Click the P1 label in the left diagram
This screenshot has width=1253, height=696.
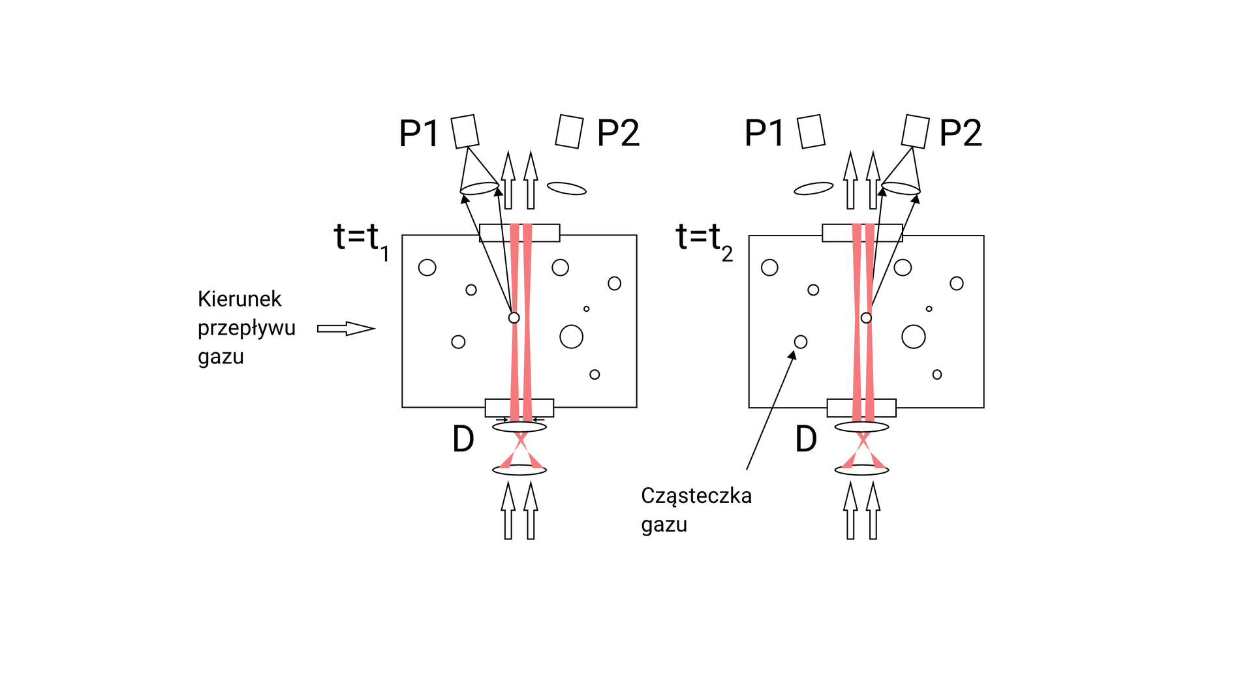click(418, 133)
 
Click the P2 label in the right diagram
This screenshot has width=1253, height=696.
click(960, 133)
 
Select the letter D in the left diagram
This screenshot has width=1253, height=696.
click(463, 440)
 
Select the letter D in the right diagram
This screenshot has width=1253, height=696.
click(806, 440)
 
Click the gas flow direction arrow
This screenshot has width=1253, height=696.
click(346, 328)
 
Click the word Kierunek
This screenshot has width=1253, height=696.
click(240, 299)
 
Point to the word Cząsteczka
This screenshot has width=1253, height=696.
click(696, 496)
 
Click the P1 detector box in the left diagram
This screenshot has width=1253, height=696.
click(465, 131)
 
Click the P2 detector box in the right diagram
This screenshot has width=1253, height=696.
click(915, 131)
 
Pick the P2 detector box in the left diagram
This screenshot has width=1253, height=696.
click(569, 131)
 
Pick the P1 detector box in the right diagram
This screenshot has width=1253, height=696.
click(811, 131)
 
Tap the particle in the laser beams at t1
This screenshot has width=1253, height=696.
click(514, 318)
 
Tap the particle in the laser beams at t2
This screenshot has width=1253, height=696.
click(866, 318)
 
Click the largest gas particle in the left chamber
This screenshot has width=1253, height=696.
click(571, 337)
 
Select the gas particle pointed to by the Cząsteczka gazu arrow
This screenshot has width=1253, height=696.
click(801, 342)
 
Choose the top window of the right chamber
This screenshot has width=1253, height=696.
click(862, 233)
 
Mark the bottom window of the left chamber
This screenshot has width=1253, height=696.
click(519, 408)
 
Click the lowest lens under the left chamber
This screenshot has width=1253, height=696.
click(519, 470)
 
